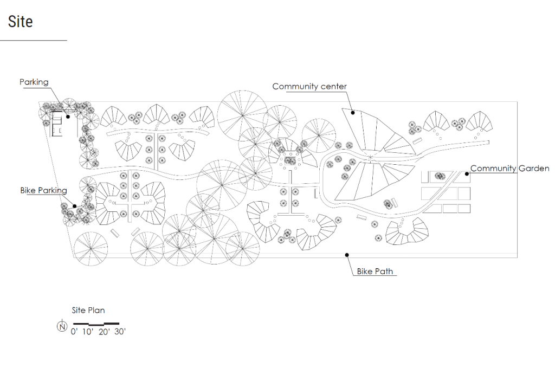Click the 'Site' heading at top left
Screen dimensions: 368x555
pos(20,22)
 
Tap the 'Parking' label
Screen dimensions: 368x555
pos(34,82)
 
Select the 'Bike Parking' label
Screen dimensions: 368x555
pos(43,190)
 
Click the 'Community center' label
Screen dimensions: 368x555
pos(309,86)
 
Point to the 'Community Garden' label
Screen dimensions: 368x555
pos(509,169)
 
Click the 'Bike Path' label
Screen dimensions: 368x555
pos(375,271)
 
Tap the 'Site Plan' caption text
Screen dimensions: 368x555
pos(88,311)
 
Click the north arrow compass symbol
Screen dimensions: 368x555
pos(62,326)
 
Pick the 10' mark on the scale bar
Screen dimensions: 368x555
pos(88,331)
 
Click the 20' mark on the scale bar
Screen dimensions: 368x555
pos(104,331)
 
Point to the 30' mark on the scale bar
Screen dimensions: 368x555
pos(119,331)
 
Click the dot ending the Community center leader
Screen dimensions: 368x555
pos(352,113)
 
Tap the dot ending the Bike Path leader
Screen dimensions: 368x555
pos(347,254)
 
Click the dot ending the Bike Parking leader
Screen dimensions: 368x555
pos(74,205)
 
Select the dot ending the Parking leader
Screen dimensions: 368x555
pos(68,115)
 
